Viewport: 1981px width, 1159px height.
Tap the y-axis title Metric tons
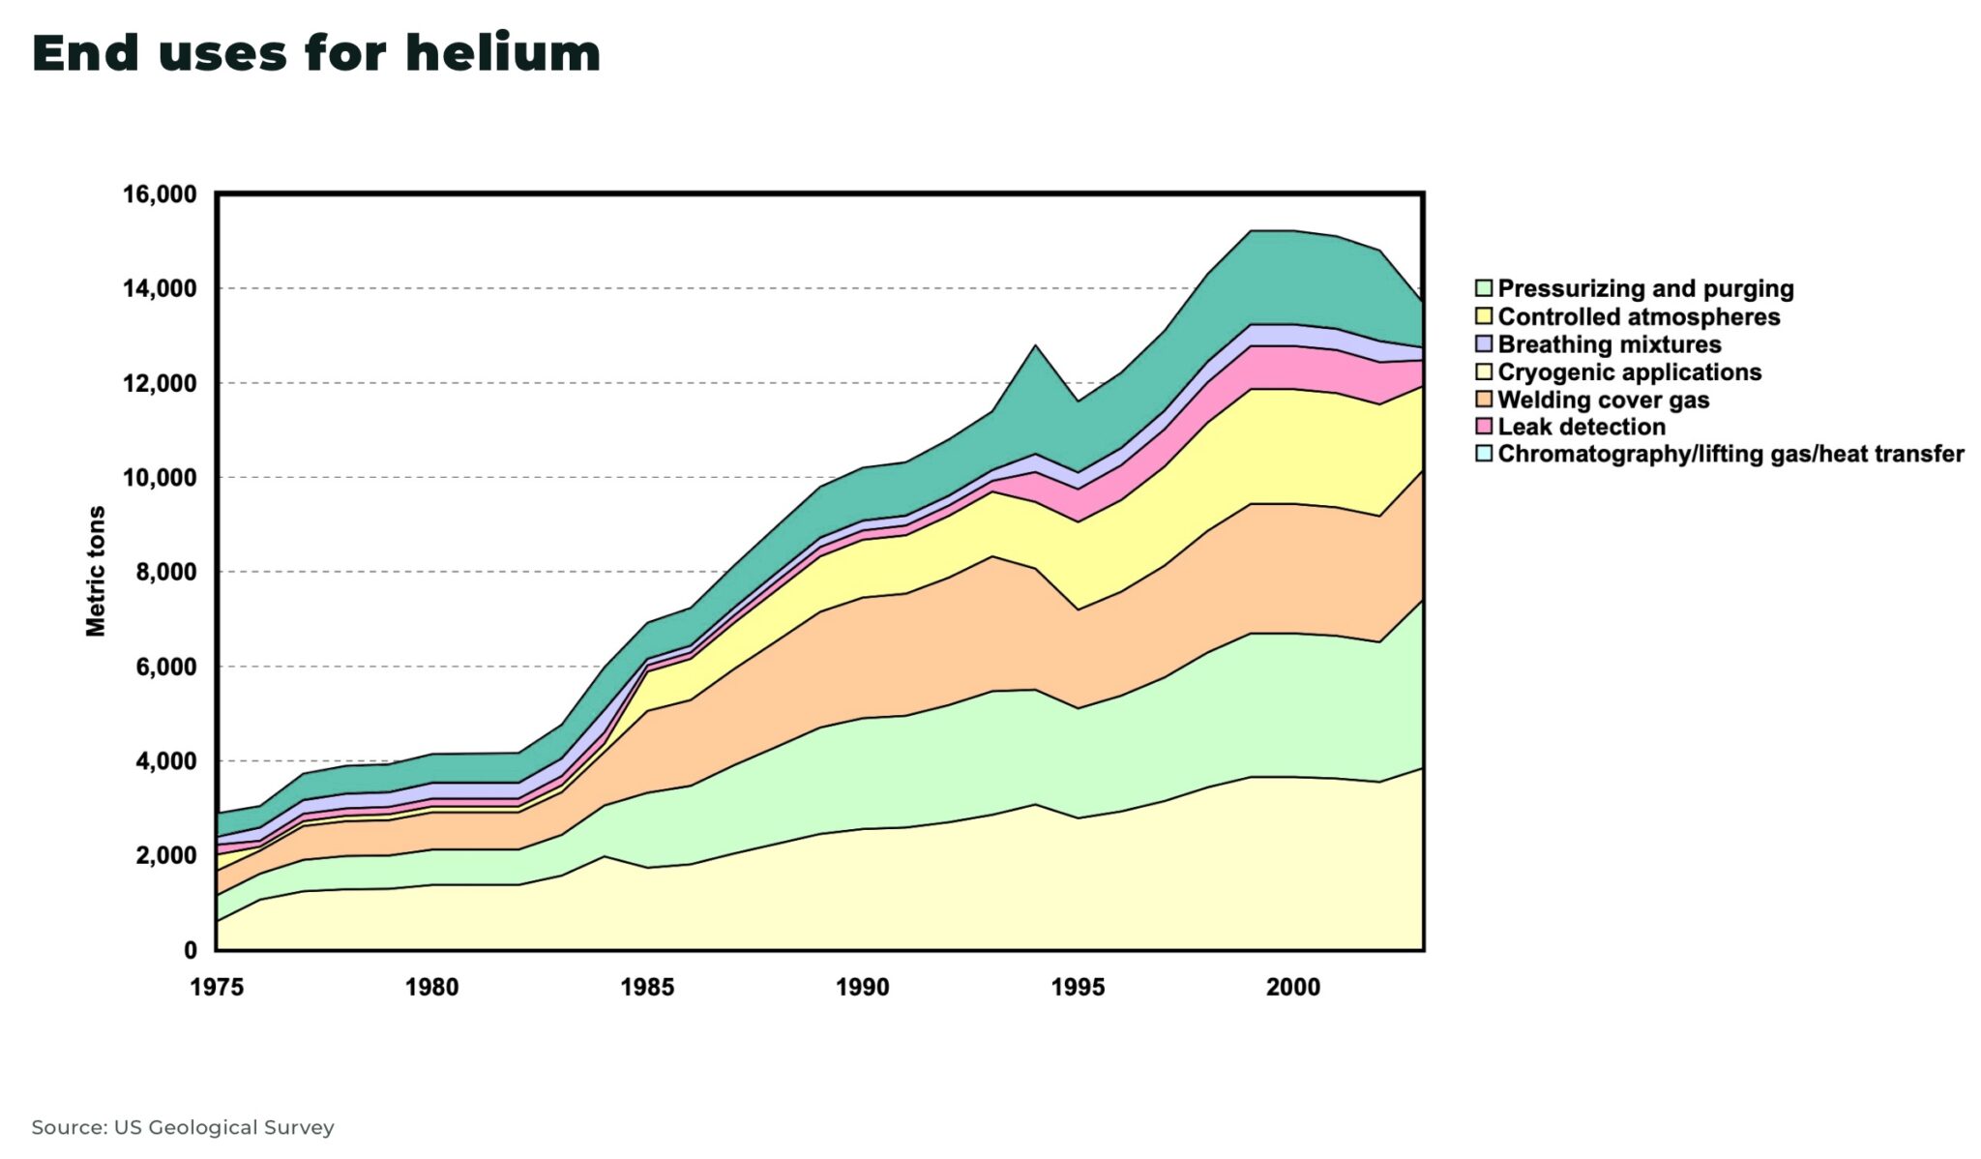click(x=96, y=571)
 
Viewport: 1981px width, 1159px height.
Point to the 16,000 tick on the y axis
click(x=160, y=194)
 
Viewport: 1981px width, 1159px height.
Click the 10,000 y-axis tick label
click(x=160, y=478)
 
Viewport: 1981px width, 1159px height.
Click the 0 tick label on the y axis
click(x=191, y=951)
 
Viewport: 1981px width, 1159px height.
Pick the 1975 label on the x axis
click(x=217, y=988)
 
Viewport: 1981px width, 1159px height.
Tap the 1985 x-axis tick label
click(x=647, y=988)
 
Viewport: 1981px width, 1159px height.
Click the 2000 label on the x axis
click(x=1293, y=988)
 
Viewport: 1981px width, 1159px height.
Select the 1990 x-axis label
click(x=862, y=988)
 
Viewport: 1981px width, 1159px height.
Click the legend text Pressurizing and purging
click(x=1645, y=288)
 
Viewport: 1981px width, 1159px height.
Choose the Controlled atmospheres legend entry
click(x=1639, y=316)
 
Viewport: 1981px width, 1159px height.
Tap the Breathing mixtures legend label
click(x=1610, y=344)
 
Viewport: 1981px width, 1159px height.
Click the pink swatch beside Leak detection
click(x=1484, y=427)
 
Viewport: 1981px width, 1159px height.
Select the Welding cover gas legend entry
click(x=1603, y=400)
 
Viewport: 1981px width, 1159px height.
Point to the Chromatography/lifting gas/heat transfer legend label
click(x=1730, y=454)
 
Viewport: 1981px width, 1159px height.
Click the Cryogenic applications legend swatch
click(x=1484, y=372)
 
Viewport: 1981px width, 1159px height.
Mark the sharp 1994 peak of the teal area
click(x=1035, y=346)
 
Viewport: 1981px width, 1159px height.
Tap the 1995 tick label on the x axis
click(x=1078, y=988)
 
